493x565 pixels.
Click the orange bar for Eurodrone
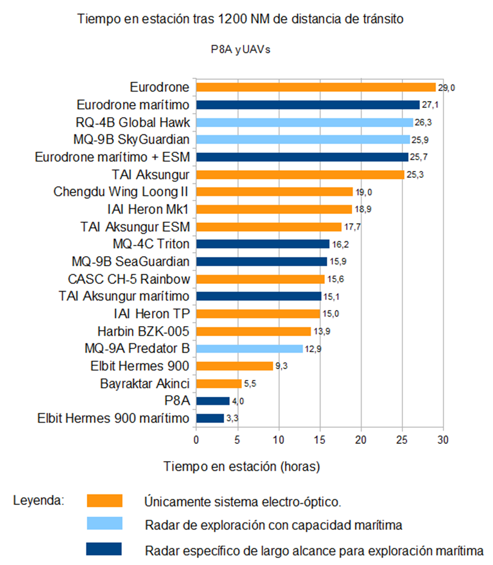[x=315, y=87]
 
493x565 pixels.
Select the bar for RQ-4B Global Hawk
[x=304, y=122]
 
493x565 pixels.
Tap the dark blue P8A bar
[x=213, y=401]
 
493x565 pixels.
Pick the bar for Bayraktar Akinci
[x=219, y=383]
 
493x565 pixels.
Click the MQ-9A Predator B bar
[x=249, y=349]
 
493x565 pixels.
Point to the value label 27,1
[x=430, y=105]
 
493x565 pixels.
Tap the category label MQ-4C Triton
[x=151, y=244]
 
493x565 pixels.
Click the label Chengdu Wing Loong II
[x=121, y=192]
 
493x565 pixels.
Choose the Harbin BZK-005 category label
[x=143, y=332]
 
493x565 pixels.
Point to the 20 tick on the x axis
[x=361, y=441]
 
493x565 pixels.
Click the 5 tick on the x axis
[x=237, y=441]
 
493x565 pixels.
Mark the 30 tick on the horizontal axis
[x=443, y=441]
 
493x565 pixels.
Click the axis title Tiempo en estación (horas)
[x=241, y=466]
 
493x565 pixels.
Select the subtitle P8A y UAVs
[x=240, y=49]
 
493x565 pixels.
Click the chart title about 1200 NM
[x=240, y=19]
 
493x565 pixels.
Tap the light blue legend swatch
[x=104, y=524]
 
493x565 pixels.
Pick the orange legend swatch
[x=104, y=501]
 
